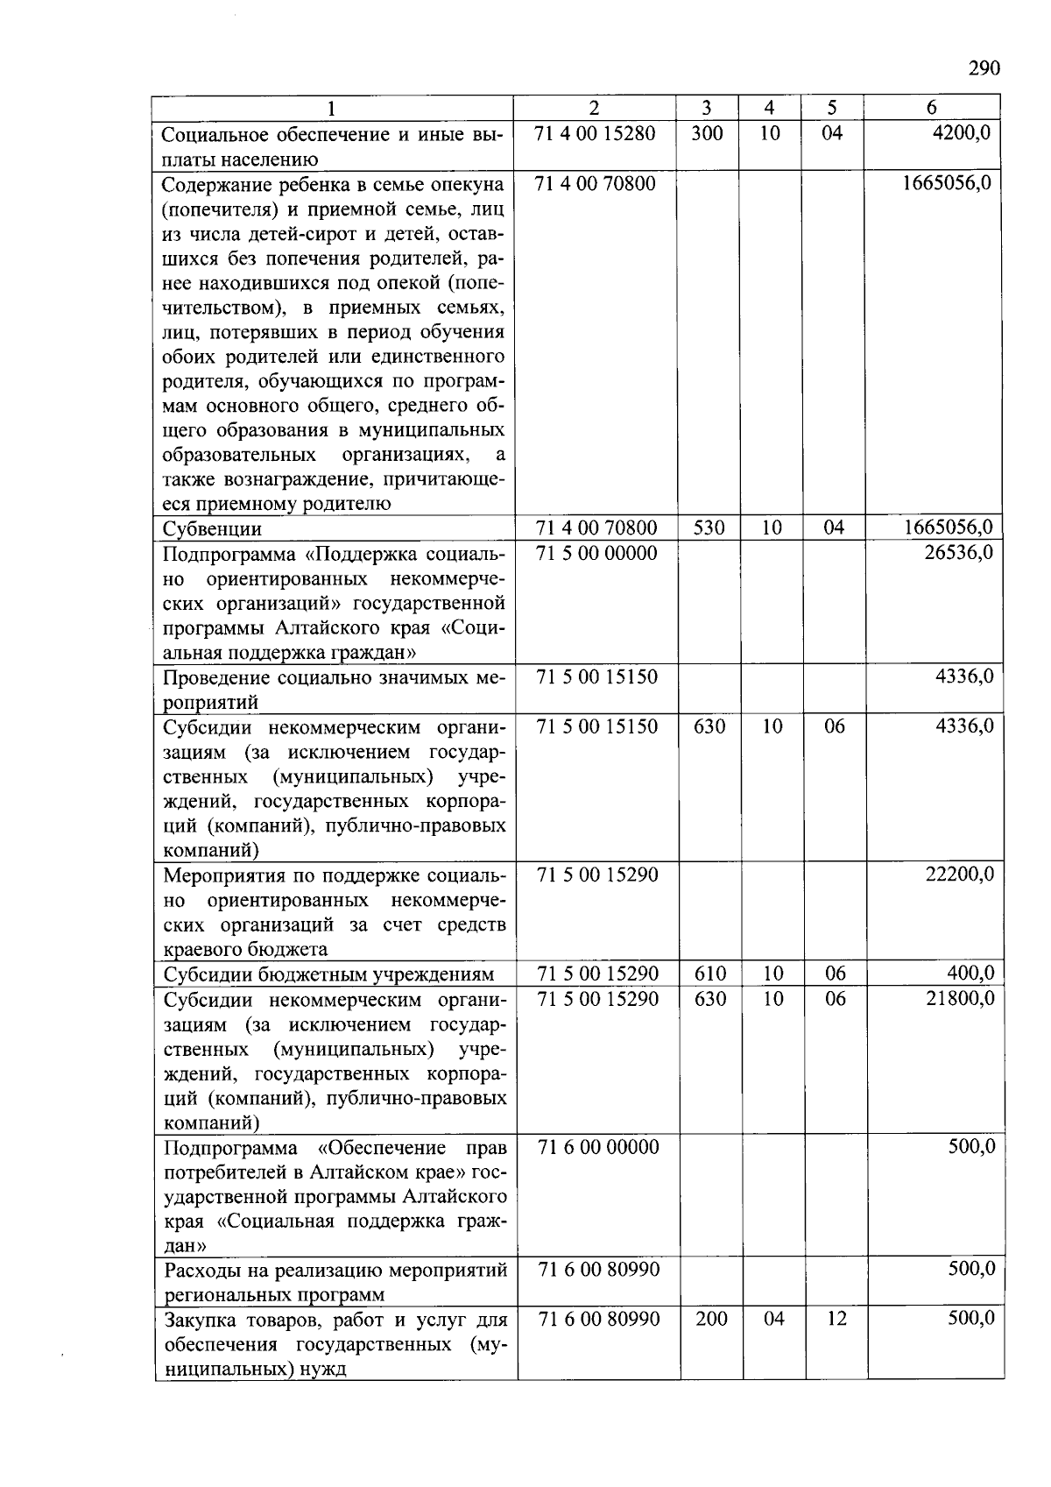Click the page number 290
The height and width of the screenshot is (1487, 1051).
(x=984, y=68)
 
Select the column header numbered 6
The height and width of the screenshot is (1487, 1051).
(x=931, y=108)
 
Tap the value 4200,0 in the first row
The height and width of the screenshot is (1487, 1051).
(x=961, y=133)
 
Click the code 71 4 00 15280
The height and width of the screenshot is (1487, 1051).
(x=595, y=133)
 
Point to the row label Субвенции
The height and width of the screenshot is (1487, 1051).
(x=212, y=529)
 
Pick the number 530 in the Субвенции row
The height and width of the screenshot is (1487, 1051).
(x=708, y=528)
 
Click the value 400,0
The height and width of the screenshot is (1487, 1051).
(x=970, y=973)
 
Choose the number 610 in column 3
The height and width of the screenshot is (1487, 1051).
(x=709, y=973)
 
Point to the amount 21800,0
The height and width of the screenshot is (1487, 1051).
(x=960, y=998)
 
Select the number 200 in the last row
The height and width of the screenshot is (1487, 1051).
(x=711, y=1319)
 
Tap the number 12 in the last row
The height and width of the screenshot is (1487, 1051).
(x=836, y=1319)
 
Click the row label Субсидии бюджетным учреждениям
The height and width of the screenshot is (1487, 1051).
(x=328, y=974)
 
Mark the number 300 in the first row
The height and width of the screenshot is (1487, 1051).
(x=707, y=133)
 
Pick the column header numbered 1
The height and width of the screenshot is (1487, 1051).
(x=330, y=108)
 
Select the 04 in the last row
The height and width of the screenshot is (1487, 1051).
(x=773, y=1319)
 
